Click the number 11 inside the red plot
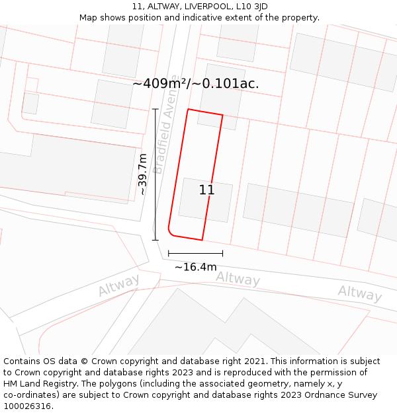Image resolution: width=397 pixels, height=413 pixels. coord(206,190)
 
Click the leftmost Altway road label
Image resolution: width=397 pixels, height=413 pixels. coord(119,285)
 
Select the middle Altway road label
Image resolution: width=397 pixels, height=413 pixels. coord(238,279)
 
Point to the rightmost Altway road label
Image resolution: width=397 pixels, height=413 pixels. coord(360,293)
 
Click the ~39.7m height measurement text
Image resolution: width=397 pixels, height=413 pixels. coord(142,174)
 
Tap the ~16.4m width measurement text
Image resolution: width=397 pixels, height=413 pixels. coord(196,267)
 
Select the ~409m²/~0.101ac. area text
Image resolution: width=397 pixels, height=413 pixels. coord(196,84)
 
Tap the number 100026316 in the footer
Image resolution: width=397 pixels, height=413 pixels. coord(28,406)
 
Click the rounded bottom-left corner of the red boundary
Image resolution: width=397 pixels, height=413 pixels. coord(171,233)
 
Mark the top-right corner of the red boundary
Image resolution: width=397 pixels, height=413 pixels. coord(222,116)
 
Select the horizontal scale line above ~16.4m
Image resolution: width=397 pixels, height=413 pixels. coord(196,253)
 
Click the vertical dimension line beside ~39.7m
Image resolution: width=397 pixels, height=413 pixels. coord(155,174)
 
